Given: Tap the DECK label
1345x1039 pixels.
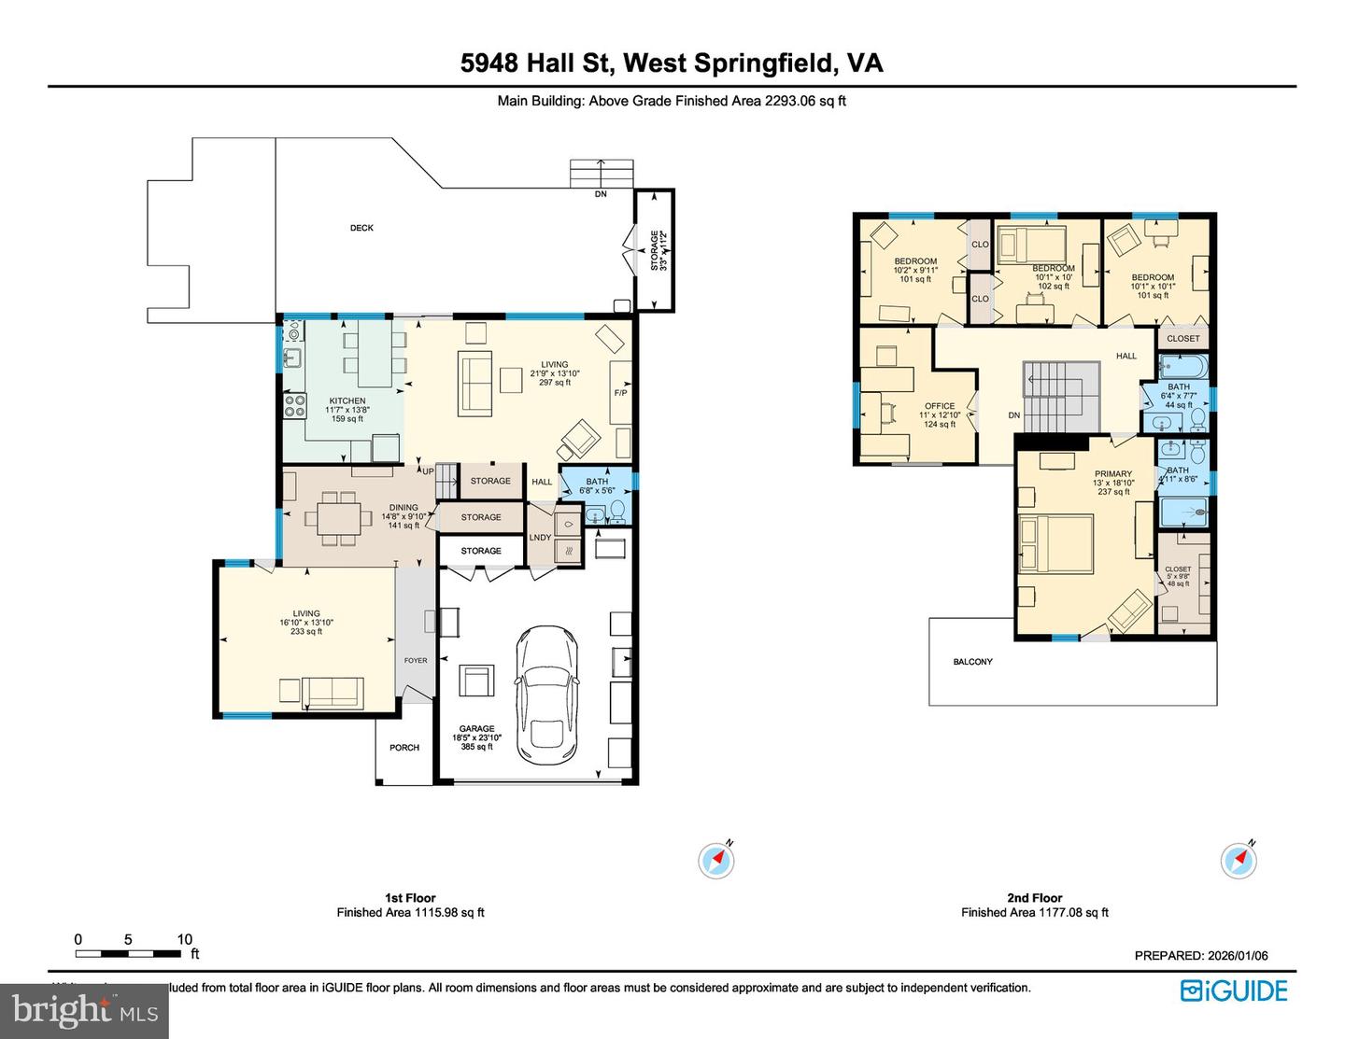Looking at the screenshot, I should tap(361, 228).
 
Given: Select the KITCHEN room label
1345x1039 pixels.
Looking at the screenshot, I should tap(347, 400).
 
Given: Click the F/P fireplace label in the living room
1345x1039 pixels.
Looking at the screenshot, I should tap(620, 393).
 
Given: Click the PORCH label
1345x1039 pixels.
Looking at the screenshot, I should tap(404, 748).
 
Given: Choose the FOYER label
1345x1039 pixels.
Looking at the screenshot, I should tap(416, 660).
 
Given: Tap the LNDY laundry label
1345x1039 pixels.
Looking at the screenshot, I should tap(540, 538).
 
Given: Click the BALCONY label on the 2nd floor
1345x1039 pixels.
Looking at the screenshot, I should tap(972, 662).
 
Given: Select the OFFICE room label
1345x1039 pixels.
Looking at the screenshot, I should tap(940, 406).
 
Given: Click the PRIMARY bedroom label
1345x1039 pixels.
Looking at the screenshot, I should tap(1113, 474).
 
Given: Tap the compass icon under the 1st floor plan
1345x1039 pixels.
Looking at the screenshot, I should tap(716, 860).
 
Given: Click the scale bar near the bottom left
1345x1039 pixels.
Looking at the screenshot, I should tap(128, 953).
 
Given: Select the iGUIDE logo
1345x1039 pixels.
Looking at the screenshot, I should tap(1234, 990).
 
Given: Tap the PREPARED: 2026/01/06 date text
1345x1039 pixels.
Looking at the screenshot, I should tap(1201, 955).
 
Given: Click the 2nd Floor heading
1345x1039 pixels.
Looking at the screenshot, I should tap(1034, 897).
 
